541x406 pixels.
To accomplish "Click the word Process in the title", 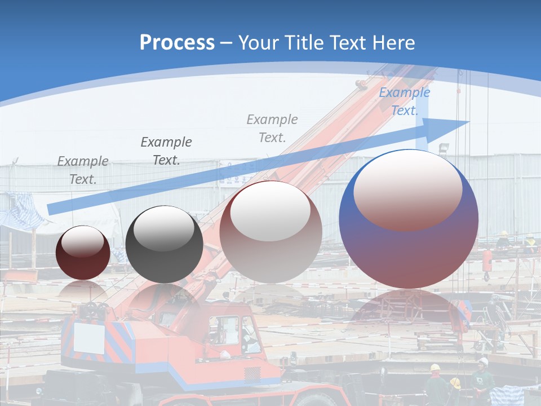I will (x=177, y=43).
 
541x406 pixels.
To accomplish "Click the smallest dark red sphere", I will (x=83, y=253).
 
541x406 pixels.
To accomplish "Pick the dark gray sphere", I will (x=164, y=244).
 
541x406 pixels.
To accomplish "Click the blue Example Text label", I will (x=404, y=101).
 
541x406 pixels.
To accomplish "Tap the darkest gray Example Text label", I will (x=166, y=151).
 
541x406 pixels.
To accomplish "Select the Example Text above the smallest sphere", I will (x=82, y=170).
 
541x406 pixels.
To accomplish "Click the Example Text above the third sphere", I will (x=272, y=128).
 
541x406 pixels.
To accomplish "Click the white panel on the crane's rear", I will (x=89, y=338).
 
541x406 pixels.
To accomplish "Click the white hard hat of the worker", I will (x=483, y=361).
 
